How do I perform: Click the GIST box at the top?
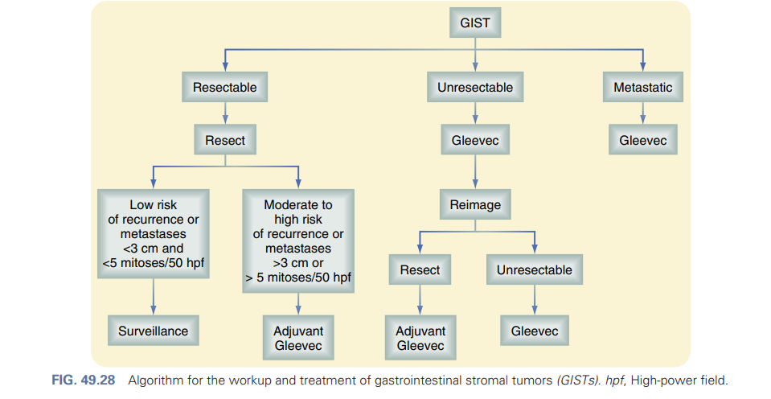pyautogui.click(x=475, y=23)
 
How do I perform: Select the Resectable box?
pyautogui.click(x=225, y=87)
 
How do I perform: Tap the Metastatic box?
pyautogui.click(x=642, y=87)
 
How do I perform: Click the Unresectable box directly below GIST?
pyautogui.click(x=475, y=87)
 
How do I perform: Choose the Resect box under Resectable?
pyautogui.click(x=225, y=140)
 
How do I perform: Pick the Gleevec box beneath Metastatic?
pyautogui.click(x=642, y=140)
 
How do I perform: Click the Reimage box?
pyautogui.click(x=475, y=204)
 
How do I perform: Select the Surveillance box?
pyautogui.click(x=153, y=331)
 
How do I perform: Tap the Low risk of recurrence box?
pyautogui.click(x=153, y=234)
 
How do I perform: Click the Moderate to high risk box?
pyautogui.click(x=298, y=241)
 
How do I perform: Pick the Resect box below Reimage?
pyautogui.click(x=420, y=269)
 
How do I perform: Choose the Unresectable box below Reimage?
pyautogui.click(x=535, y=269)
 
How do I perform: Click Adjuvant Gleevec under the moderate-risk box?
pyautogui.click(x=298, y=338)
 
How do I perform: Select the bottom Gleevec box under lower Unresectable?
pyautogui.click(x=535, y=331)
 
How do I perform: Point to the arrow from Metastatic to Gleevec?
pyautogui.click(x=642, y=113)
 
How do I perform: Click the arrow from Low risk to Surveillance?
pyautogui.click(x=153, y=297)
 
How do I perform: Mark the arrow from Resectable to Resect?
pyautogui.click(x=225, y=113)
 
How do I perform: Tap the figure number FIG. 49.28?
pyautogui.click(x=84, y=380)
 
